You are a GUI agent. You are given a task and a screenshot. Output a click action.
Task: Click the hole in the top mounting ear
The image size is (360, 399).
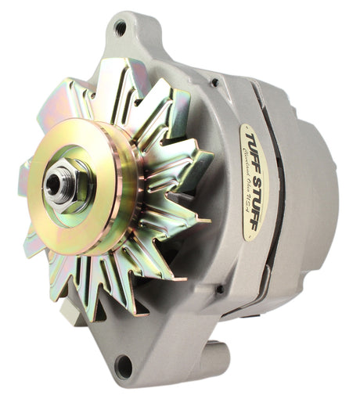click(x=120, y=28)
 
